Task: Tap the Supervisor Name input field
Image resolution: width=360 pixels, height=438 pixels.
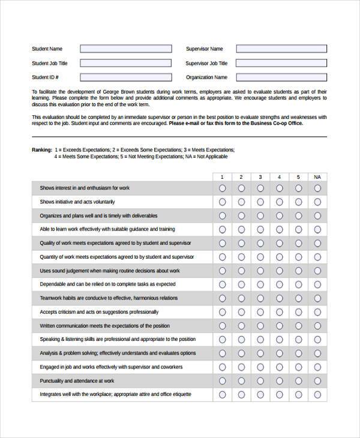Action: (281, 49)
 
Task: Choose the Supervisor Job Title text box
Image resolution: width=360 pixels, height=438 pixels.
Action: (281, 63)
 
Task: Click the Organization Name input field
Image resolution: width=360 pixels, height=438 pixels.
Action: (281, 77)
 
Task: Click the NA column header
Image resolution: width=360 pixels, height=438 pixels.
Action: (317, 177)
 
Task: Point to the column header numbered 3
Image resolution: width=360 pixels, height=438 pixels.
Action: (260, 177)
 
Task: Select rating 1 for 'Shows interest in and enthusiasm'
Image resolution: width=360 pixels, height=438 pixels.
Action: (223, 188)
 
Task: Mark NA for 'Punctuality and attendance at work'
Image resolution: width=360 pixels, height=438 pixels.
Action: (317, 381)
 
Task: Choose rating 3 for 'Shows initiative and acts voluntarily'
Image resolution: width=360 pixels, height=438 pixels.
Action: (260, 202)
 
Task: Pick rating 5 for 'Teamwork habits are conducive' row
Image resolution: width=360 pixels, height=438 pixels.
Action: (298, 298)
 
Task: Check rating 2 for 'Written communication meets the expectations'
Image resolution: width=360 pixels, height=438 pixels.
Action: (241, 326)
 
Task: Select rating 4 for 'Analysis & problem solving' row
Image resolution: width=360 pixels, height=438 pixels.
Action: (280, 353)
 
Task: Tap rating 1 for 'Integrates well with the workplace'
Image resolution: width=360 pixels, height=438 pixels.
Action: (223, 395)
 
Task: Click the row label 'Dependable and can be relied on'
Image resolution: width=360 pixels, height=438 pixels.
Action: (107, 284)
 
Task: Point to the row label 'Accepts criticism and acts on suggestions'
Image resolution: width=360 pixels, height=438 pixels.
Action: (99, 312)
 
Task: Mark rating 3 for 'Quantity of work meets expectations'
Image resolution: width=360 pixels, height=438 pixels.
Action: (260, 257)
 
